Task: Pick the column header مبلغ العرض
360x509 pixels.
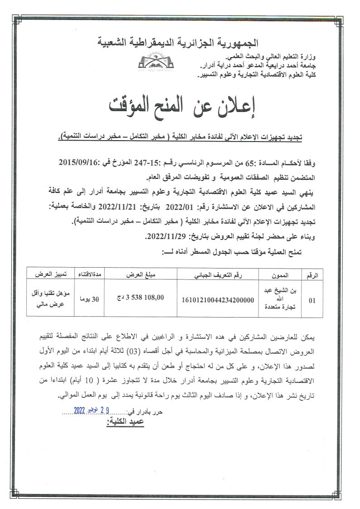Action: click(134, 275)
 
